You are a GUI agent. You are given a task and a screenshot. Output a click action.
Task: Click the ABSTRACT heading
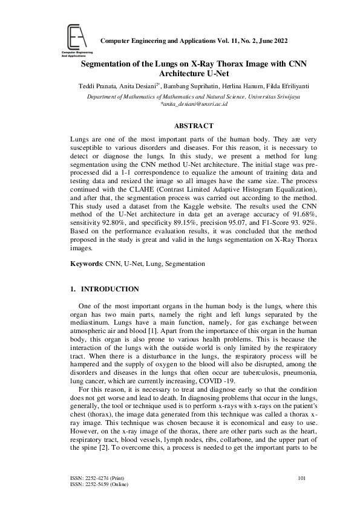[193, 126]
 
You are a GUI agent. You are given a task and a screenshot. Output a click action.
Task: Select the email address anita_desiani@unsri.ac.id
[193, 104]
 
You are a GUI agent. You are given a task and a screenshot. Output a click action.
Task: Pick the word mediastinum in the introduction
[92, 322]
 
